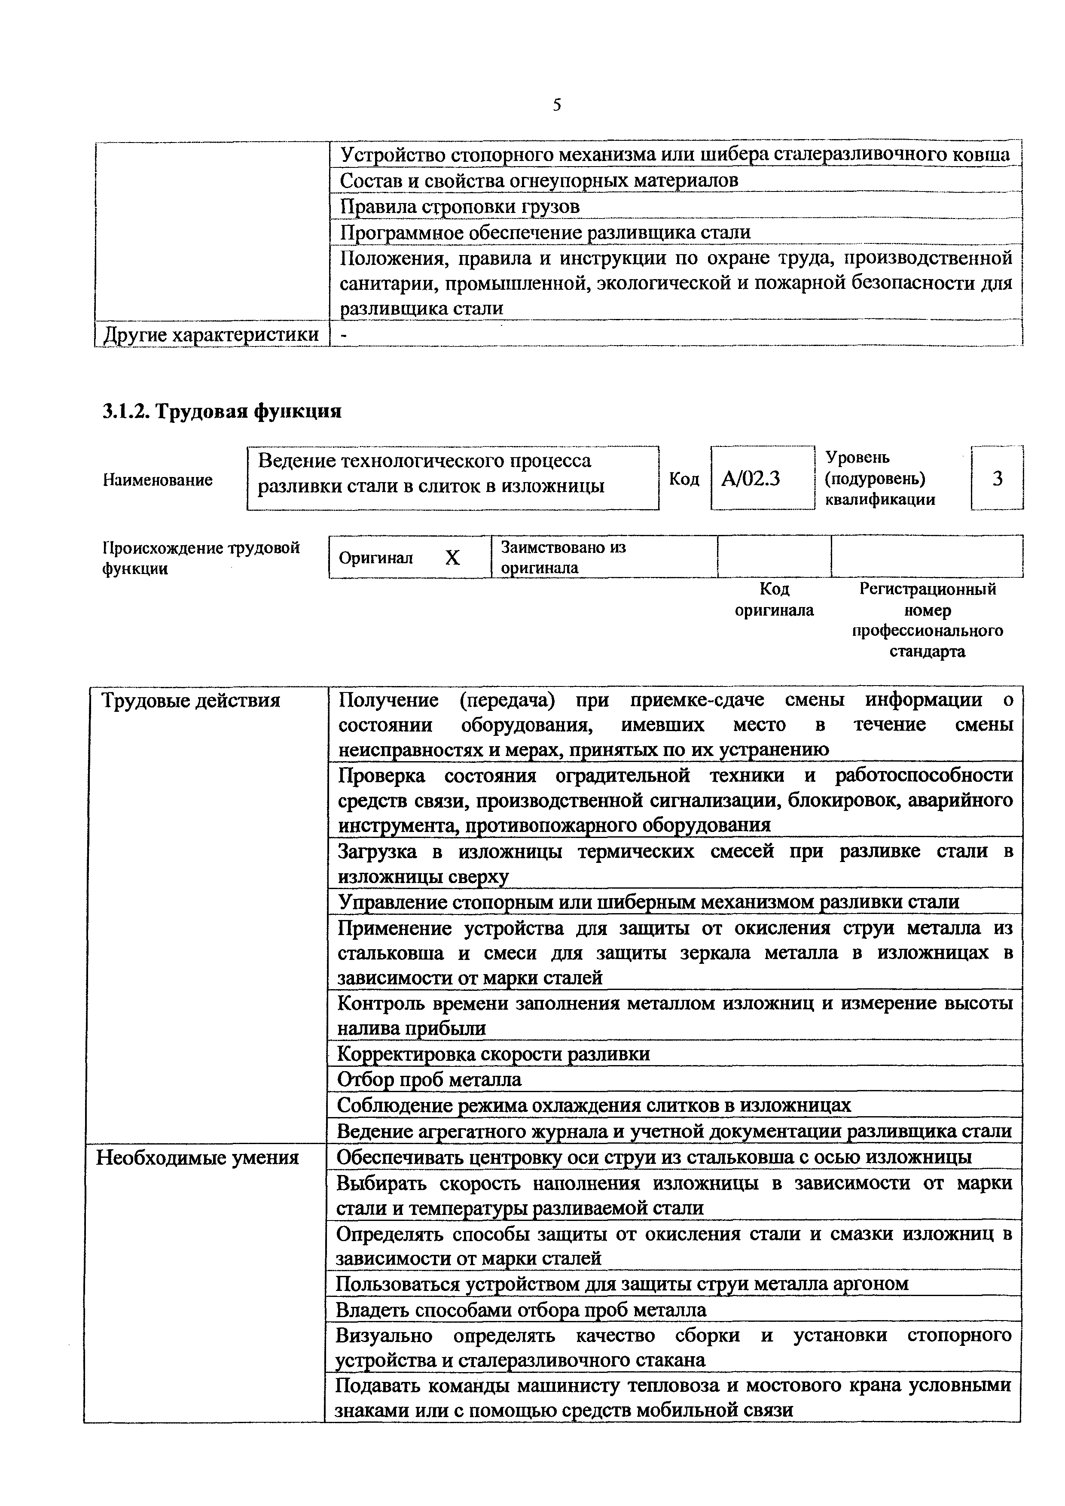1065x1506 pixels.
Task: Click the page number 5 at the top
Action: click(x=556, y=105)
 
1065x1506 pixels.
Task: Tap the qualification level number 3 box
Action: click(x=997, y=479)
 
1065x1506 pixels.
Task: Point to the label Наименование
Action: click(x=158, y=480)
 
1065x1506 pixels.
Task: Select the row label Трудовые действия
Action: click(x=191, y=701)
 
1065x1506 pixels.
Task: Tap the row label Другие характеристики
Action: click(x=212, y=334)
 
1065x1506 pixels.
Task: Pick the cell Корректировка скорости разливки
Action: click(x=494, y=1054)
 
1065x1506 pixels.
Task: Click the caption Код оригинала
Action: click(x=774, y=599)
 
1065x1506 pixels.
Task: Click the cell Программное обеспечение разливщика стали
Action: click(x=545, y=232)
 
